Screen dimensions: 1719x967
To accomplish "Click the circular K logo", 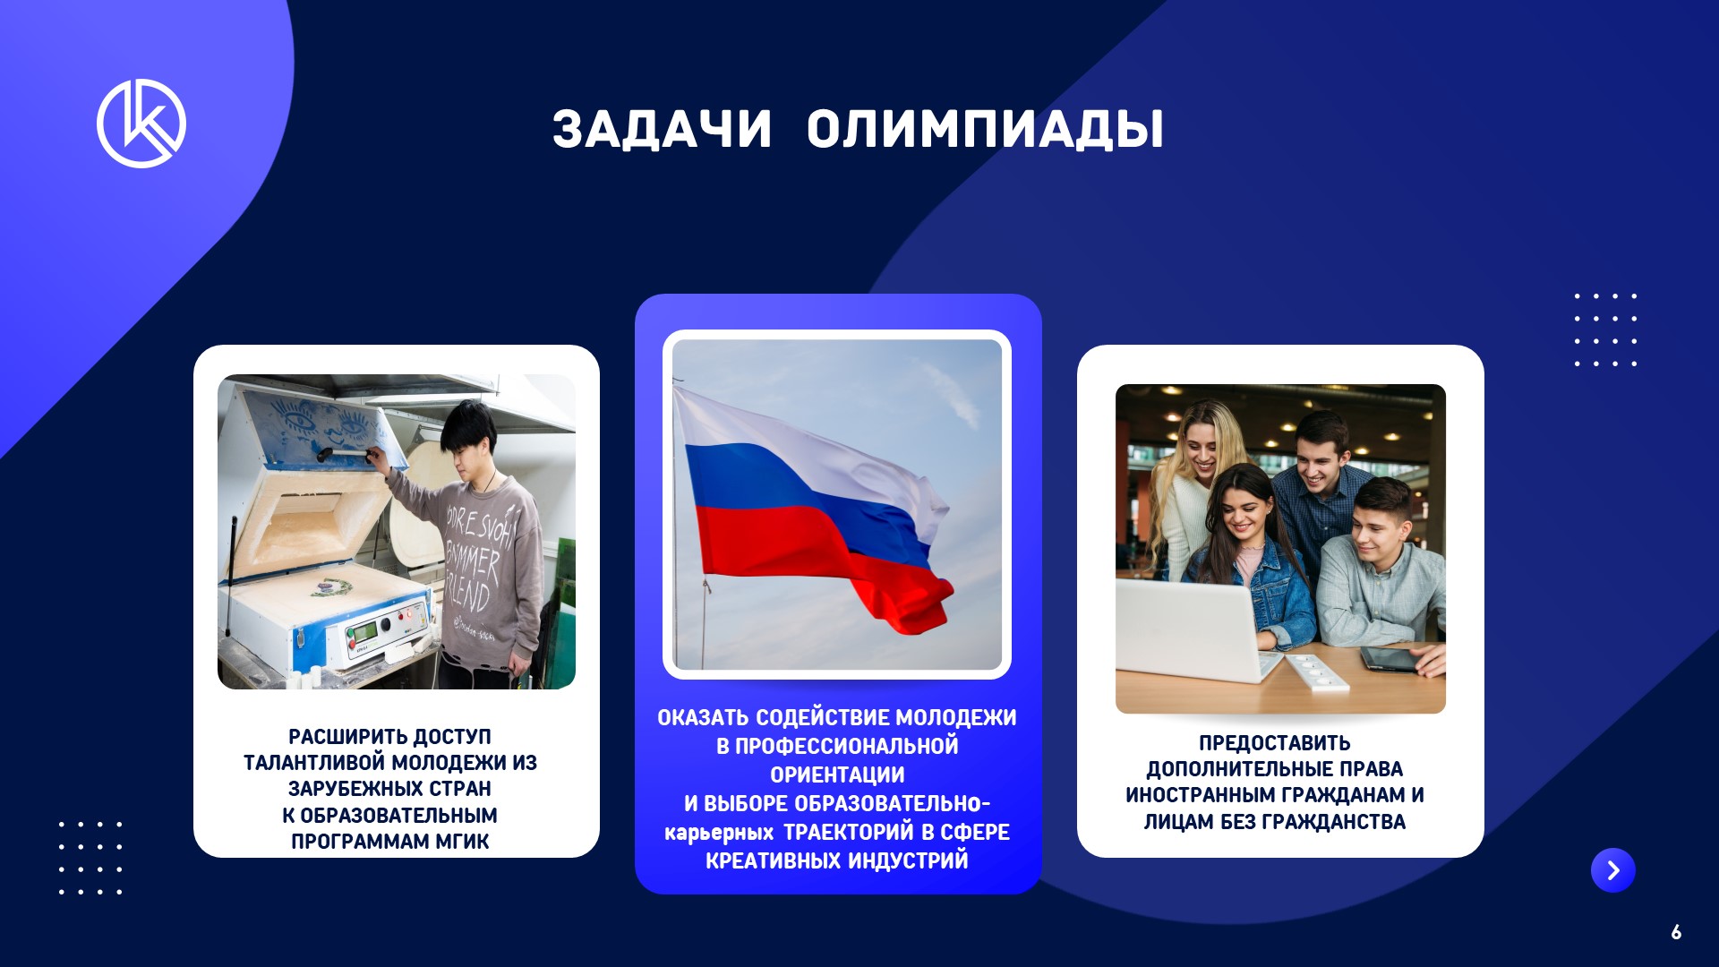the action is click(141, 123).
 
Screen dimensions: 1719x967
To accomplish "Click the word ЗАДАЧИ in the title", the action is click(662, 130).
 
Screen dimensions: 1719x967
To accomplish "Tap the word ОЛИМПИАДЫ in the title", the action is click(985, 130).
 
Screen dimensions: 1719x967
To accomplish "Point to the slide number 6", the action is click(1676, 932).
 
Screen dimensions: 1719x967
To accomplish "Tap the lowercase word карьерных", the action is click(718, 834).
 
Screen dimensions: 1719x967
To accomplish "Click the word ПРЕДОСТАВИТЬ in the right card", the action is click(1275, 743).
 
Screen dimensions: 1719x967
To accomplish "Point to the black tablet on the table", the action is click(1389, 660).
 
